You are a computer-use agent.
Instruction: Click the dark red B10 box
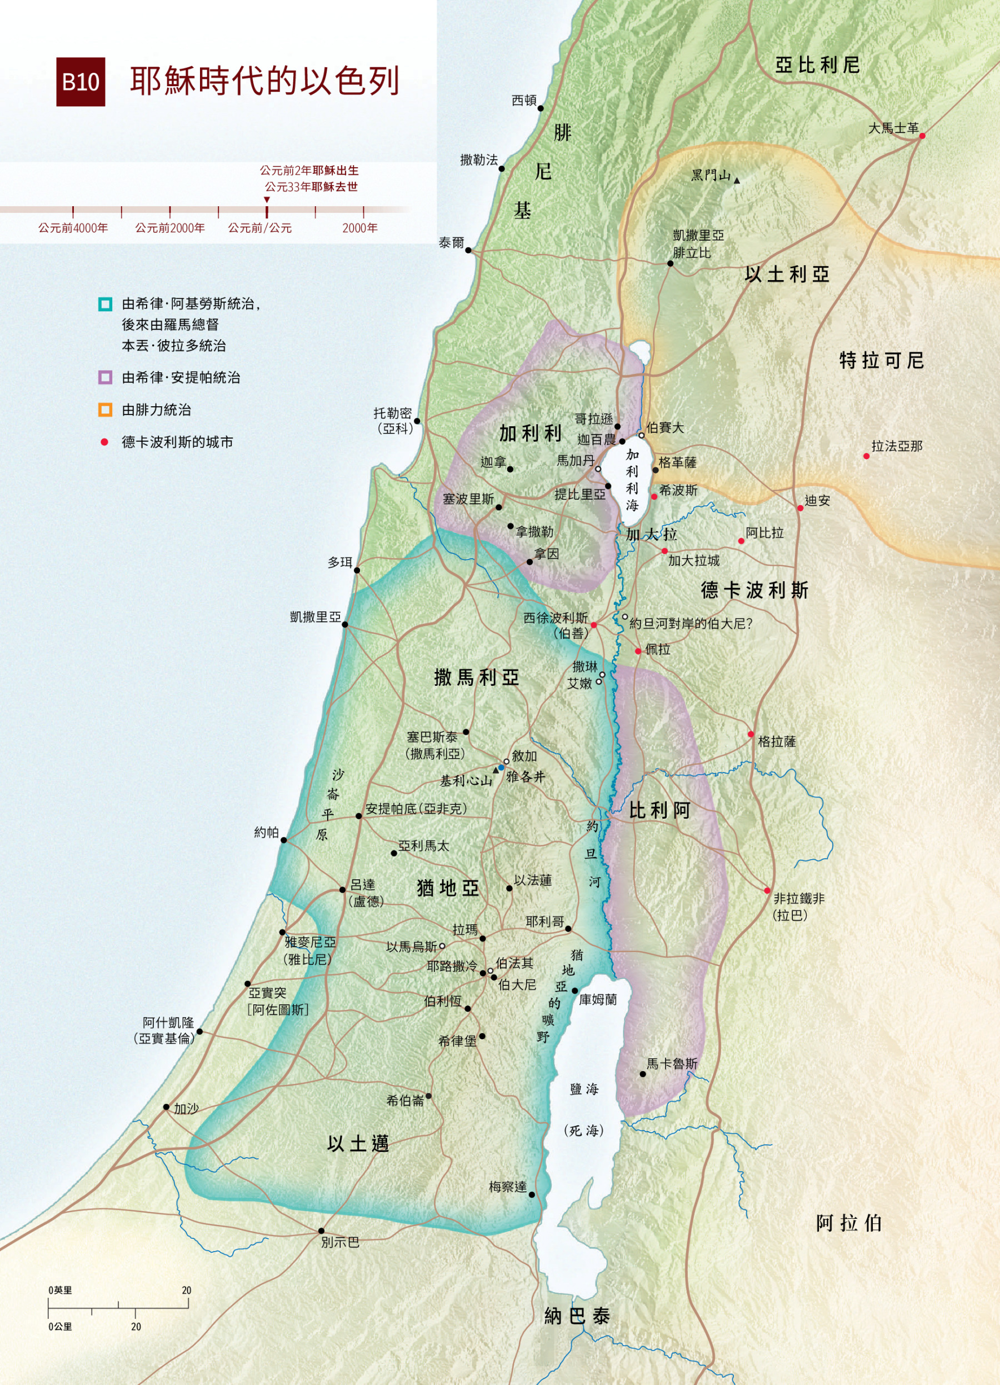click(x=81, y=82)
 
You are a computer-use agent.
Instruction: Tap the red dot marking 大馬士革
click(x=922, y=136)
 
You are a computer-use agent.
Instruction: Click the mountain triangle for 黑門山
click(x=737, y=181)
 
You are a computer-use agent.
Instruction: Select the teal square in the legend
click(x=105, y=303)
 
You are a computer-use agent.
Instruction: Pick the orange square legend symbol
click(x=105, y=410)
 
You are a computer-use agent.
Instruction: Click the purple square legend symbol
click(x=105, y=377)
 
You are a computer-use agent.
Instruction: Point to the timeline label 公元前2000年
click(x=169, y=228)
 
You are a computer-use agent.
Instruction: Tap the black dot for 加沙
click(x=166, y=1107)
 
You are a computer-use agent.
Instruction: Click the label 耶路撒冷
click(x=452, y=966)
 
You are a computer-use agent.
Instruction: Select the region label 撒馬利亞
click(x=476, y=677)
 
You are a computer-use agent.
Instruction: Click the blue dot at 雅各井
click(x=501, y=768)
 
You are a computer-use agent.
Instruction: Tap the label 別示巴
click(x=340, y=1242)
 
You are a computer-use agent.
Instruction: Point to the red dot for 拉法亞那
click(x=866, y=456)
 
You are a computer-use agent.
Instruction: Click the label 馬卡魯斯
click(x=672, y=1064)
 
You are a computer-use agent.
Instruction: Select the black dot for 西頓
click(x=541, y=108)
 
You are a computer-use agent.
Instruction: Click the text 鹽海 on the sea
click(x=584, y=1089)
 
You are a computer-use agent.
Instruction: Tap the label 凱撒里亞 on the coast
click(x=315, y=617)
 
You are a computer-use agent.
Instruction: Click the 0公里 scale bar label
click(x=61, y=1327)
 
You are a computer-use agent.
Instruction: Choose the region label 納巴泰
click(x=577, y=1317)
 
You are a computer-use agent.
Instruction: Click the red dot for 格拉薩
click(x=751, y=734)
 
